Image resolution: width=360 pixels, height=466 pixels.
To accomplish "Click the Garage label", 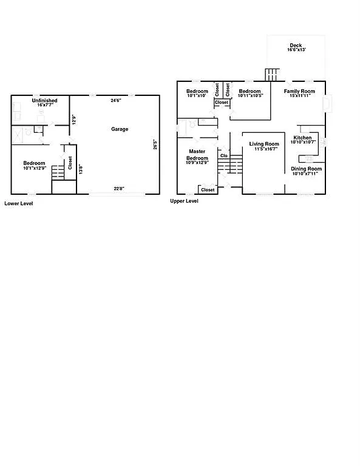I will (120, 129).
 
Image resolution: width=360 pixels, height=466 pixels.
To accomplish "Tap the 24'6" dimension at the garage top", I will (115, 100).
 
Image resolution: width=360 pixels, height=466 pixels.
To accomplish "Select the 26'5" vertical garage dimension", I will (156, 145).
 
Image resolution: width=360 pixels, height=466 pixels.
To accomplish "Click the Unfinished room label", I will (45, 100).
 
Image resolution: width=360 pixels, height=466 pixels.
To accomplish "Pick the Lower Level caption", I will (19, 204).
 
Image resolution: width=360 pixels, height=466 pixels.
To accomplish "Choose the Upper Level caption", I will (185, 201).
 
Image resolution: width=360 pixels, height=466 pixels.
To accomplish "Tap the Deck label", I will (296, 46).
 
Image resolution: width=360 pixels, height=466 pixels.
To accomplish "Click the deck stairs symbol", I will (271, 75).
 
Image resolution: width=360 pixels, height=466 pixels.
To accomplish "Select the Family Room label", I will (300, 91).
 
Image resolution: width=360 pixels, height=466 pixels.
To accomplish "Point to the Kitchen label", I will (303, 138).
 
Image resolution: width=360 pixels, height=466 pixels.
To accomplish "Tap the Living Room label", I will (264, 144).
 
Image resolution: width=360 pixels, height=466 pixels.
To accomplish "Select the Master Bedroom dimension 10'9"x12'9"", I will (197, 163).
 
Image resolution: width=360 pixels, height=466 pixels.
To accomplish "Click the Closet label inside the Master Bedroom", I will (208, 190).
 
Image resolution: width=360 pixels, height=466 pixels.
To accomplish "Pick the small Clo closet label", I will (223, 155).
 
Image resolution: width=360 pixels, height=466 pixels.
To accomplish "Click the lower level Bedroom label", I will (34, 163).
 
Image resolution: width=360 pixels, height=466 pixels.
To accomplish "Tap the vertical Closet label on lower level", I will (70, 163).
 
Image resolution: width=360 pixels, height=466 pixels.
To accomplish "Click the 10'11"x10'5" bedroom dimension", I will (250, 95).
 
